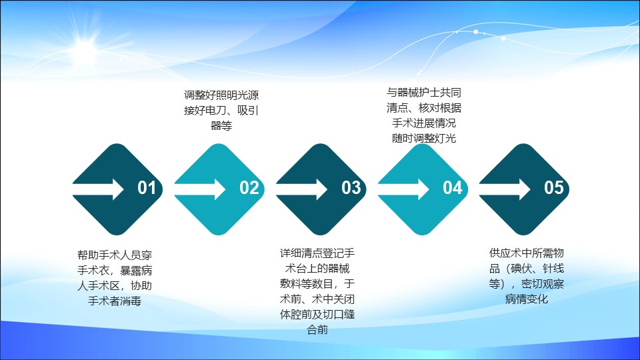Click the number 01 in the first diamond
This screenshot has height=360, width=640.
point(147,188)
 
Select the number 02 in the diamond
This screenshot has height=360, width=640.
point(249,188)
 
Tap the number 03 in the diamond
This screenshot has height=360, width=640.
point(351,188)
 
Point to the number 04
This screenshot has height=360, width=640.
point(453,188)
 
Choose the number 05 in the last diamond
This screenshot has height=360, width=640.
point(554,188)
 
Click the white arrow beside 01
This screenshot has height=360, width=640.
point(98,189)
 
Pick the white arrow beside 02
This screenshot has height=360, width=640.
point(200,189)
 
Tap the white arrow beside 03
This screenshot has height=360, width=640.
point(301,189)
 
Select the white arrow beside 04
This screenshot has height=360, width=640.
point(404,189)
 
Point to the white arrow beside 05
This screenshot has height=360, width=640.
point(505,189)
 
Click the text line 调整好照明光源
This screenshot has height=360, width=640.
point(221,95)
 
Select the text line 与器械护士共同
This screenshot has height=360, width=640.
point(424,93)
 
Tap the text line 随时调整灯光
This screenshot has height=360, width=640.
point(424,139)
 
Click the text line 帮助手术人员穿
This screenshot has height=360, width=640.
point(115,255)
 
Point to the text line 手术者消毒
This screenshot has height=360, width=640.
point(115,301)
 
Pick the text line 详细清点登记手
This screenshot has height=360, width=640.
point(317,253)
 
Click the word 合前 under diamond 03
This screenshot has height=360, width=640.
point(317,329)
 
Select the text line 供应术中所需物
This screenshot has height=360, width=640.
point(527,253)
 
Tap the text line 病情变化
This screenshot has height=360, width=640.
point(527,299)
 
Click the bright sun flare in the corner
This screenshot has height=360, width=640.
point(85,48)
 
